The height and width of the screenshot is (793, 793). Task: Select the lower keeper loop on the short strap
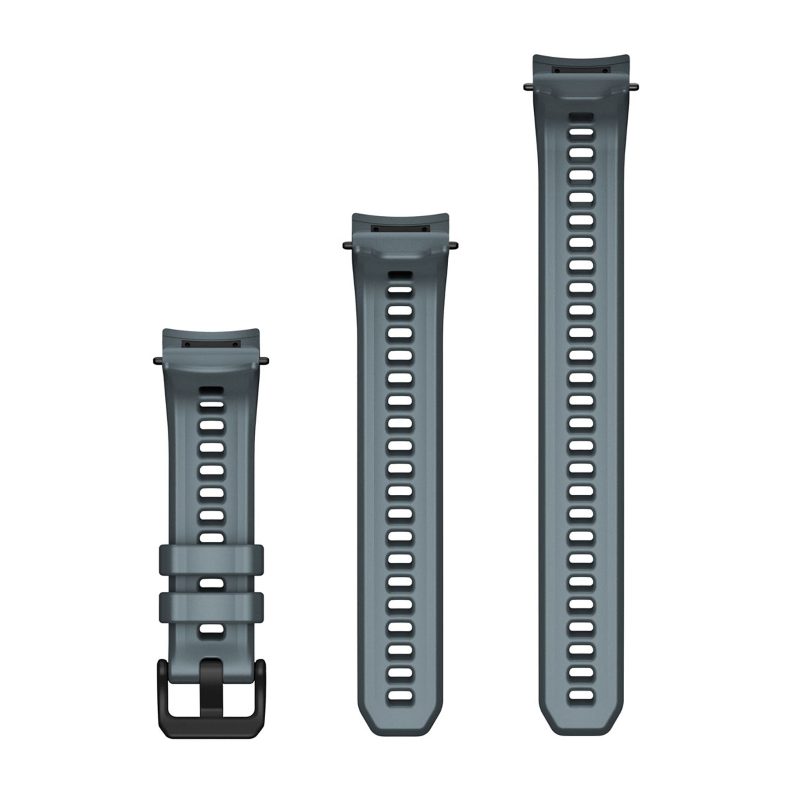pos(211,606)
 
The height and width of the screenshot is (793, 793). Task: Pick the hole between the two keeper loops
pos(212,583)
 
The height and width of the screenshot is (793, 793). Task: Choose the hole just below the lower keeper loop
pos(212,629)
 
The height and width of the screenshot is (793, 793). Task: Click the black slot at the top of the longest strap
pos(581,70)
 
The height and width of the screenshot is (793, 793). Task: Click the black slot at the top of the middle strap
pos(400,229)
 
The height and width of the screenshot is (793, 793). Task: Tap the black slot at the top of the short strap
pos(211,344)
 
